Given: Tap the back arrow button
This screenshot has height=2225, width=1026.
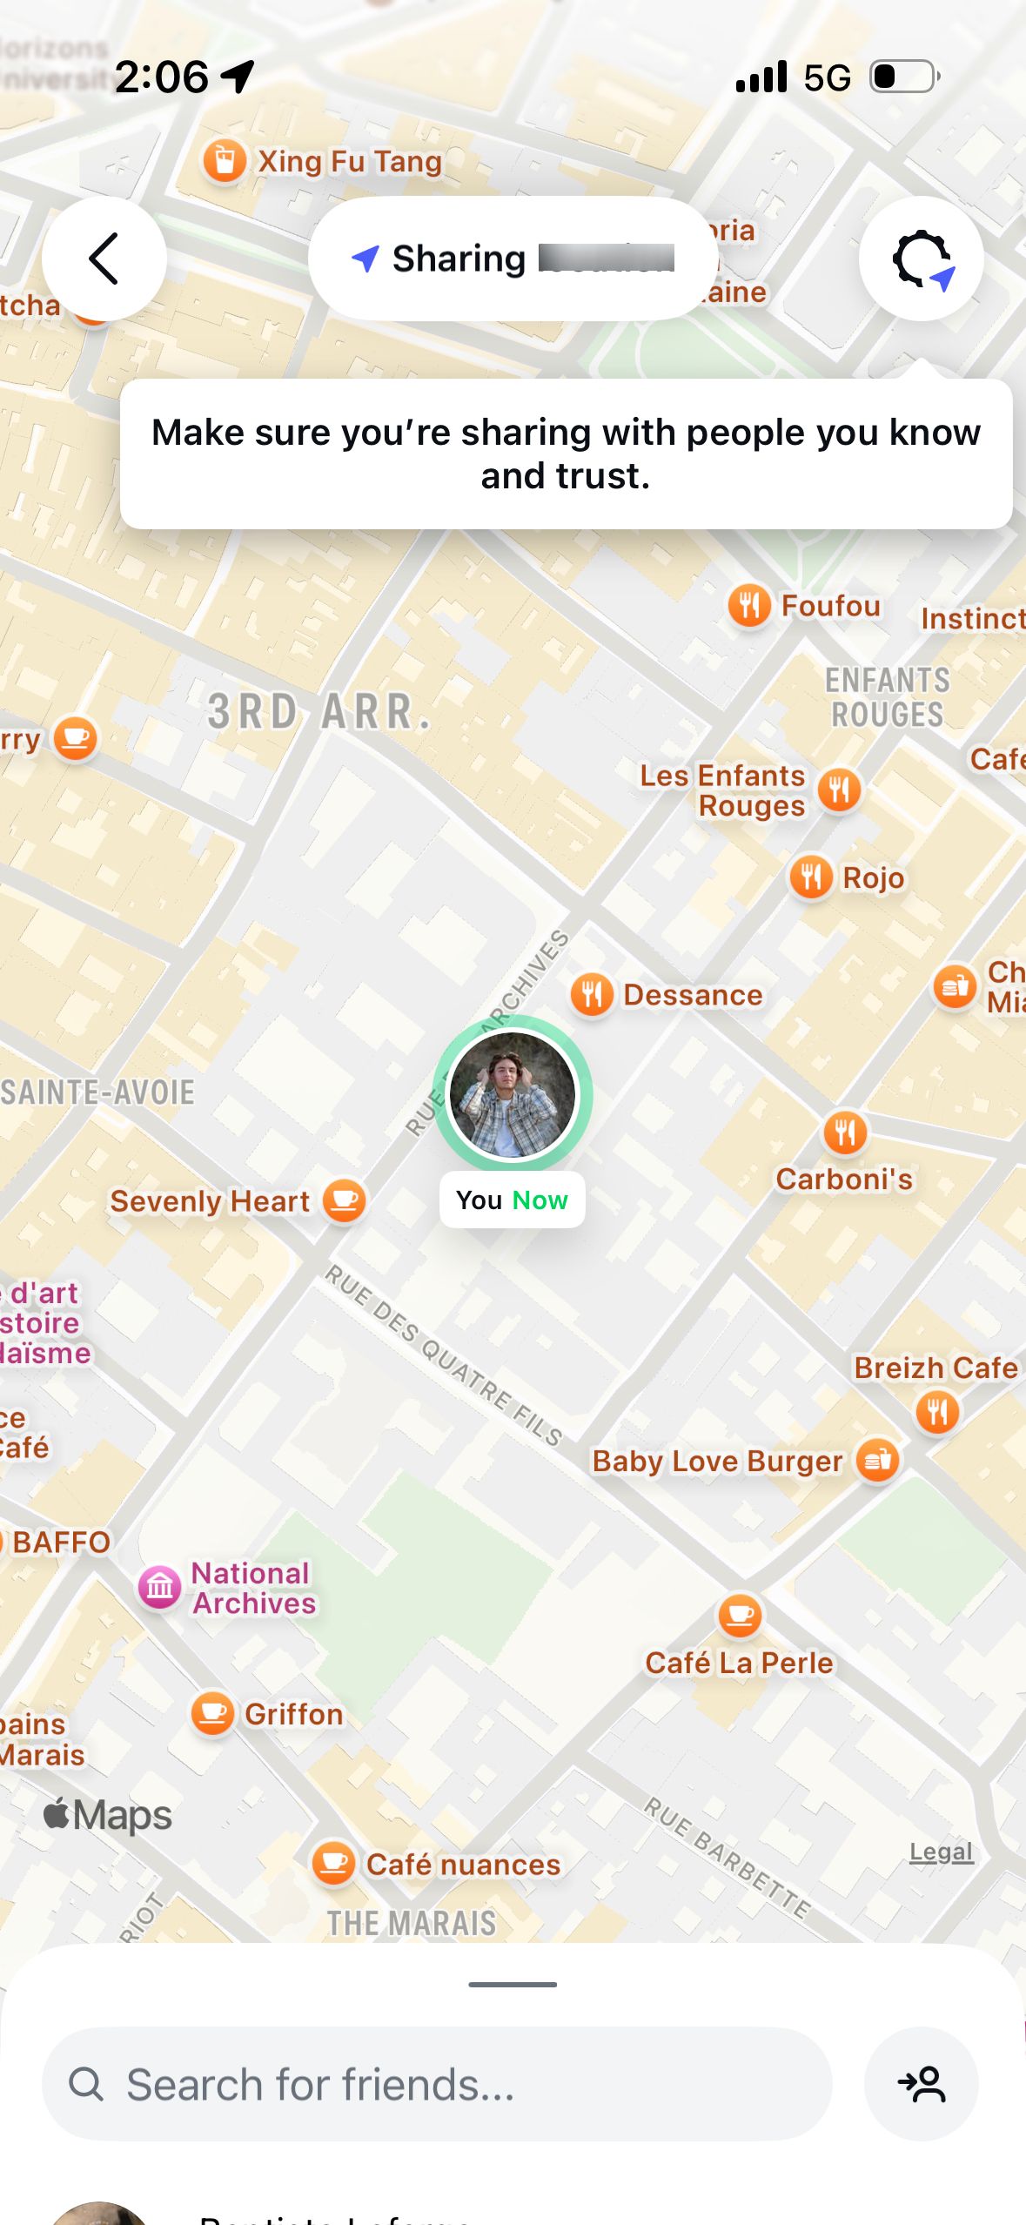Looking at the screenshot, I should pyautogui.click(x=104, y=259).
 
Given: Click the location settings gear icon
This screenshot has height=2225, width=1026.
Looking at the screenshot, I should pyautogui.click(x=921, y=259).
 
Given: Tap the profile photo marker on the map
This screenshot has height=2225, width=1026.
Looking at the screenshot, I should pyautogui.click(x=512, y=1094).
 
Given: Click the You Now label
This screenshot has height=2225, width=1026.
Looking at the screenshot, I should pyautogui.click(x=512, y=1200).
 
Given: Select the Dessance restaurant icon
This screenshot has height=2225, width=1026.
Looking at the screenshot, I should pyautogui.click(x=592, y=994).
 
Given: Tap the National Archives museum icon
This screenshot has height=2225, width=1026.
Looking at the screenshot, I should pyautogui.click(x=160, y=1587).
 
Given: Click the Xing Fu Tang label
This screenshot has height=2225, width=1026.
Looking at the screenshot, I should pyautogui.click(x=350, y=161).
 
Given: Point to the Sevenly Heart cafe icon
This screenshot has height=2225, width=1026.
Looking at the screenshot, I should pyautogui.click(x=345, y=1201).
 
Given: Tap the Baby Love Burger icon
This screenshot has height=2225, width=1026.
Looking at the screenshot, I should pyautogui.click(x=877, y=1460).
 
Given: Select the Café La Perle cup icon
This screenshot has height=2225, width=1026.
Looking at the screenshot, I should pyautogui.click(x=740, y=1616).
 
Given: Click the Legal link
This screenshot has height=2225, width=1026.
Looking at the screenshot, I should pyautogui.click(x=941, y=1852).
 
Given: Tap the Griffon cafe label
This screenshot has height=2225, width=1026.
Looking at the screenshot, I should pyautogui.click(x=294, y=1714).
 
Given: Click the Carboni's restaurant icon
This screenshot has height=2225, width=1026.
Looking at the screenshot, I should pyautogui.click(x=844, y=1133).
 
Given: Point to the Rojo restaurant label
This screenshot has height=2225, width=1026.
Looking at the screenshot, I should pyautogui.click(x=874, y=877).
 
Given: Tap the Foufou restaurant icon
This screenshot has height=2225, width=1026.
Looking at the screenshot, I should pyautogui.click(x=749, y=605).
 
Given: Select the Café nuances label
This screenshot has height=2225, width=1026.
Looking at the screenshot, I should pyautogui.click(x=463, y=1865).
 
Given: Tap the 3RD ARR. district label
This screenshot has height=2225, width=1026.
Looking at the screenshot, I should pyautogui.click(x=319, y=712).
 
